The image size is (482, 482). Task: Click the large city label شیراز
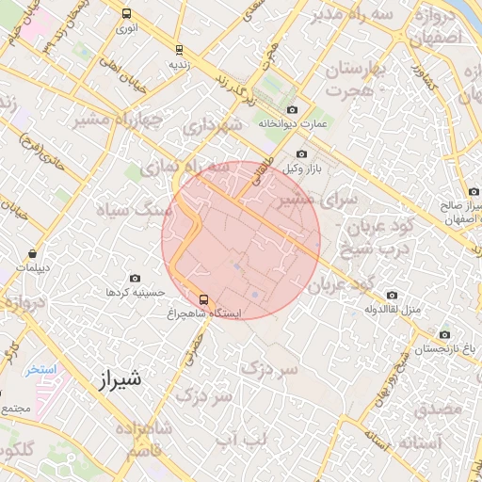click(120, 381)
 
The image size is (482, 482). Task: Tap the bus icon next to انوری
click(127, 14)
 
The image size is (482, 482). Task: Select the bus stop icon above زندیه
click(179, 50)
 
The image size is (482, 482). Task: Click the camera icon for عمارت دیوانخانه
click(291, 110)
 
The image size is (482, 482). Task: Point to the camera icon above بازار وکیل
click(301, 154)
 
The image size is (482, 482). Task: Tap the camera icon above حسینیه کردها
click(136, 279)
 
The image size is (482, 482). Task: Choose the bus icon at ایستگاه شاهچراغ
click(204, 299)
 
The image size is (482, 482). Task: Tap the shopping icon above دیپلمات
click(33, 253)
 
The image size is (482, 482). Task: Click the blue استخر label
click(41, 369)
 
